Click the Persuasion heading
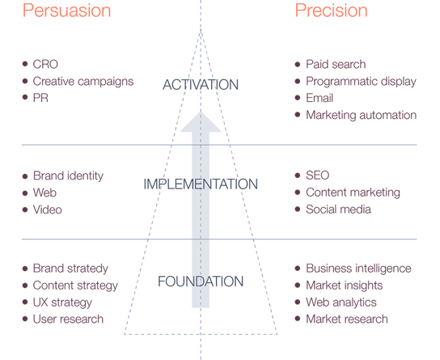pos(67,11)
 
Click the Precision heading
pos(331,11)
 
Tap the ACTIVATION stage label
pos(201,85)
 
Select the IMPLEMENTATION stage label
pos(201,184)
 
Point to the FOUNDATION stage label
pos(201,282)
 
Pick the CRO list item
pos(45,64)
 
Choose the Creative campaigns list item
pos(83,82)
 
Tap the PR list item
pos(40,98)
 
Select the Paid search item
pos(336,64)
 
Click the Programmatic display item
pos(362,82)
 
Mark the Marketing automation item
pos(362,115)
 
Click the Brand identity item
pos(68,176)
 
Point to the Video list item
pos(48,210)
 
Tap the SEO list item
pos(317,176)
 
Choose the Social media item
pos(338,210)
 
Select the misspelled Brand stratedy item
pos(70,269)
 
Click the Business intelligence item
pos(358,269)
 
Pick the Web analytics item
pos(341,303)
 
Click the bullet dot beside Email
pos(298,98)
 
